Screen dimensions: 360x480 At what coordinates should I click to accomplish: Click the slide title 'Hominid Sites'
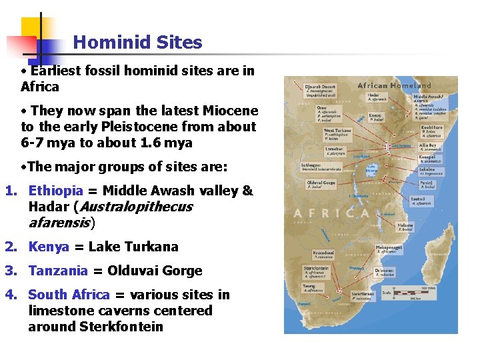tap(137, 43)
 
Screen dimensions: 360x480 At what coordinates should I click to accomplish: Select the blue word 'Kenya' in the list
tap(49, 247)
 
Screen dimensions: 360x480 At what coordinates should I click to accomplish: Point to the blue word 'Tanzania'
tap(58, 271)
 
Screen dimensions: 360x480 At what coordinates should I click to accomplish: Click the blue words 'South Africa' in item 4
tap(69, 295)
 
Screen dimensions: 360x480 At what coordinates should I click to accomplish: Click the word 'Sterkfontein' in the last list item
tap(121, 327)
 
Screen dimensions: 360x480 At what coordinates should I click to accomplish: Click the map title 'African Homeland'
tap(394, 85)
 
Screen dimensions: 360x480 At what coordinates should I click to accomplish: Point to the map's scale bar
tap(411, 292)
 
